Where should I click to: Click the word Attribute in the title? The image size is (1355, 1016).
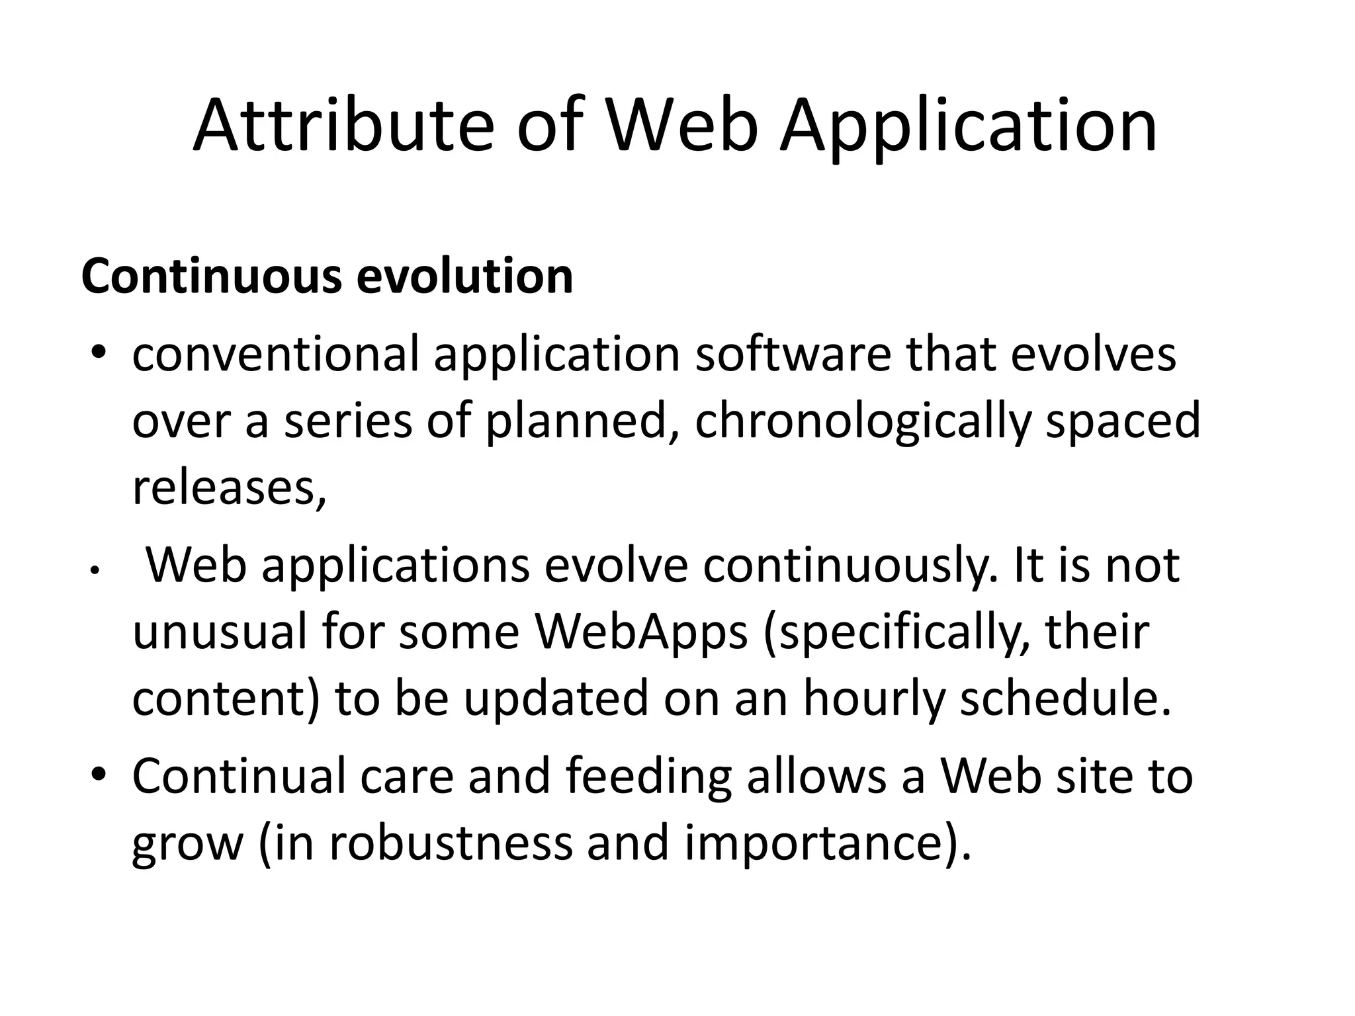[x=343, y=126]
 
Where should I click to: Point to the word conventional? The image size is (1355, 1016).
[x=275, y=355]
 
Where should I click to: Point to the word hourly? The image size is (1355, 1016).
[x=873, y=699]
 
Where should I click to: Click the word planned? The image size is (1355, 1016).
[x=574, y=421]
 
